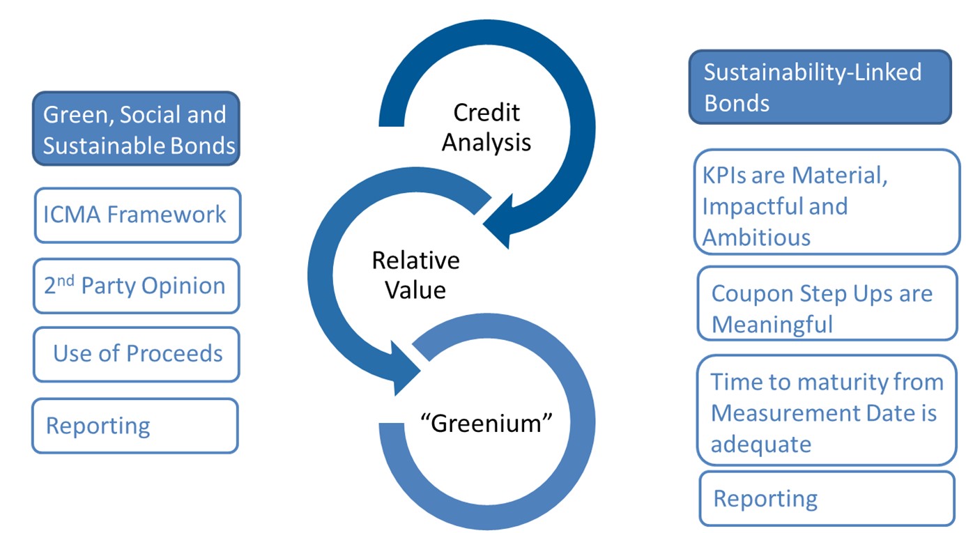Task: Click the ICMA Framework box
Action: (137, 215)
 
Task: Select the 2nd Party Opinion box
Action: (137, 286)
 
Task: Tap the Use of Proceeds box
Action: (137, 355)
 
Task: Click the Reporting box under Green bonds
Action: (135, 426)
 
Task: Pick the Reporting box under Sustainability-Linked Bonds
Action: (827, 499)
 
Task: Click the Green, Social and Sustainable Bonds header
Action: (136, 129)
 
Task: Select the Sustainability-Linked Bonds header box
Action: (820, 87)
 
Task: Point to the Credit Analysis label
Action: (486, 128)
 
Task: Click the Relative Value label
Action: (415, 275)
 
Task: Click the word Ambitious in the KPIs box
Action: (756, 238)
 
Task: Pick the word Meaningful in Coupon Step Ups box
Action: (772, 325)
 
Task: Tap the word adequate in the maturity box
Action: (760, 445)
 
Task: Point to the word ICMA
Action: (72, 215)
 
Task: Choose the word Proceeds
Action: (177, 355)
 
